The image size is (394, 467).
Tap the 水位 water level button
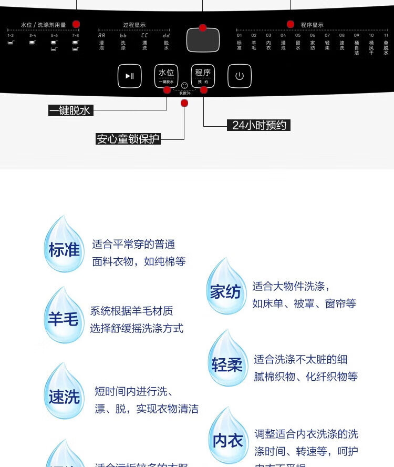coord(166,75)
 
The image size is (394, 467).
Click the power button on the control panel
coord(240,76)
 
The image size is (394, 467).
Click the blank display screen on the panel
coord(203,40)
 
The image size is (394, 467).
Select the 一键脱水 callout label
coord(70,110)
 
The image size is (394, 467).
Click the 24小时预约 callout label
coord(260,125)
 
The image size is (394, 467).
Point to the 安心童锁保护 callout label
coord(128,139)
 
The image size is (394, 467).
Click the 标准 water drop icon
coord(64,246)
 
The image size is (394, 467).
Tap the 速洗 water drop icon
coord(64,393)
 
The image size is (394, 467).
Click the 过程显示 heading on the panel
coord(134,25)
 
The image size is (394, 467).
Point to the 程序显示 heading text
coord(312,25)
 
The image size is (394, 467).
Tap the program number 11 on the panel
coord(386,35)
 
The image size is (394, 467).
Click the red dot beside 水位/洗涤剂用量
coord(76,24)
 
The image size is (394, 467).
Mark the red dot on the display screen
coord(203,28)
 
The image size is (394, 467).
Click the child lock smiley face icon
coord(184,86)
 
